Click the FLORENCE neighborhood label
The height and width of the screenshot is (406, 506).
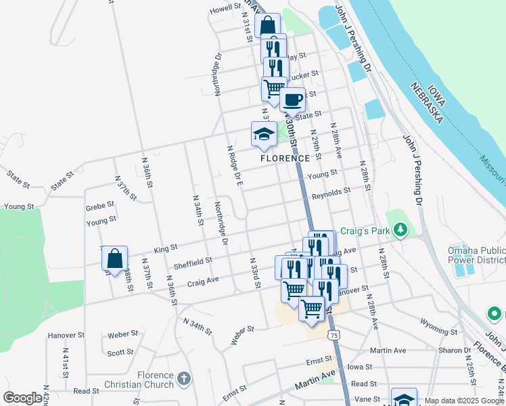(x=285, y=158)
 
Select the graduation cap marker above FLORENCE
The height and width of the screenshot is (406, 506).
(x=264, y=134)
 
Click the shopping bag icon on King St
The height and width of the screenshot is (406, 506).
(x=114, y=258)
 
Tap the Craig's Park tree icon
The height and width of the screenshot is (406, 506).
(x=400, y=231)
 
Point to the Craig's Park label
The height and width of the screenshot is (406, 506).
(x=365, y=231)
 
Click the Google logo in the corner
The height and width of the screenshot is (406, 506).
(x=22, y=398)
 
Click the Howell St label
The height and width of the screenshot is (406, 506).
(x=225, y=9)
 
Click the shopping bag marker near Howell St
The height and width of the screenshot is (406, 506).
(x=268, y=26)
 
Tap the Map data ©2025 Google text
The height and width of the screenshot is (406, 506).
(x=464, y=401)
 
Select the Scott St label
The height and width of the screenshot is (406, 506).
(x=120, y=353)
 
